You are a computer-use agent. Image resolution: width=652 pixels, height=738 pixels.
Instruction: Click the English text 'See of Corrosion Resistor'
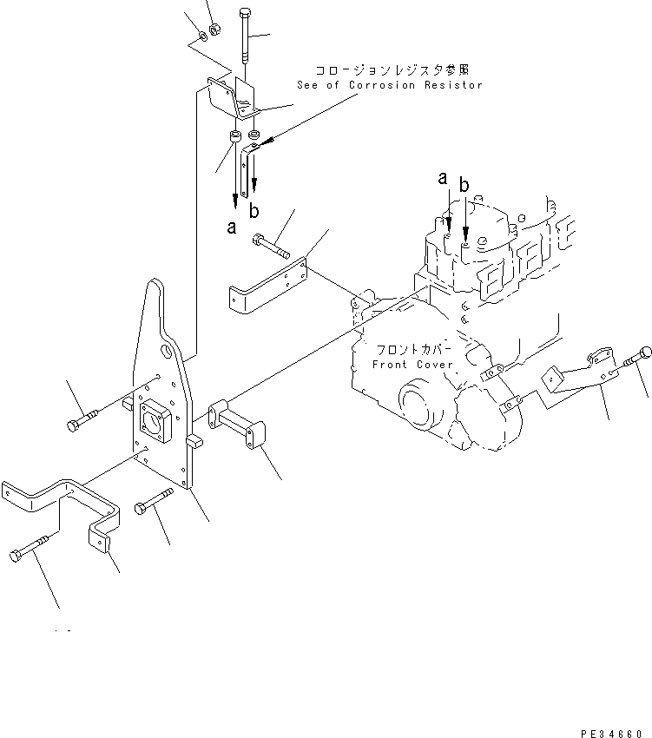(x=388, y=85)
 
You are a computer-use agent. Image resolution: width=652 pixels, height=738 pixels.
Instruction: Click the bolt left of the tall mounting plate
(x=83, y=420)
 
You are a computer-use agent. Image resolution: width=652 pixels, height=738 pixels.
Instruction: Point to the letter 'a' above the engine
(x=443, y=178)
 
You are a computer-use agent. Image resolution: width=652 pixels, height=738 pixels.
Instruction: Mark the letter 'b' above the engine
(x=464, y=184)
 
